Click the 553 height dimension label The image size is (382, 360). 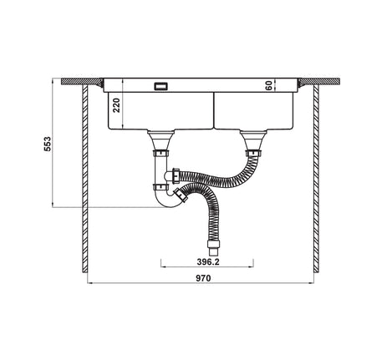click(x=48, y=144)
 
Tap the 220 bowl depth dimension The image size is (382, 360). click(x=116, y=105)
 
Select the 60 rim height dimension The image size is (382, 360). click(x=268, y=86)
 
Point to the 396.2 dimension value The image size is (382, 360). click(x=208, y=262)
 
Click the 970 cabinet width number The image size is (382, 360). click(x=203, y=278)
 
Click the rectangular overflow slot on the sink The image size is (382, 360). click(x=160, y=86)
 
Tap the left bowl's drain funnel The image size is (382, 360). click(x=161, y=139)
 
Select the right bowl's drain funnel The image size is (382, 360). click(x=253, y=139)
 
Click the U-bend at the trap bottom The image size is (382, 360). click(x=166, y=201)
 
